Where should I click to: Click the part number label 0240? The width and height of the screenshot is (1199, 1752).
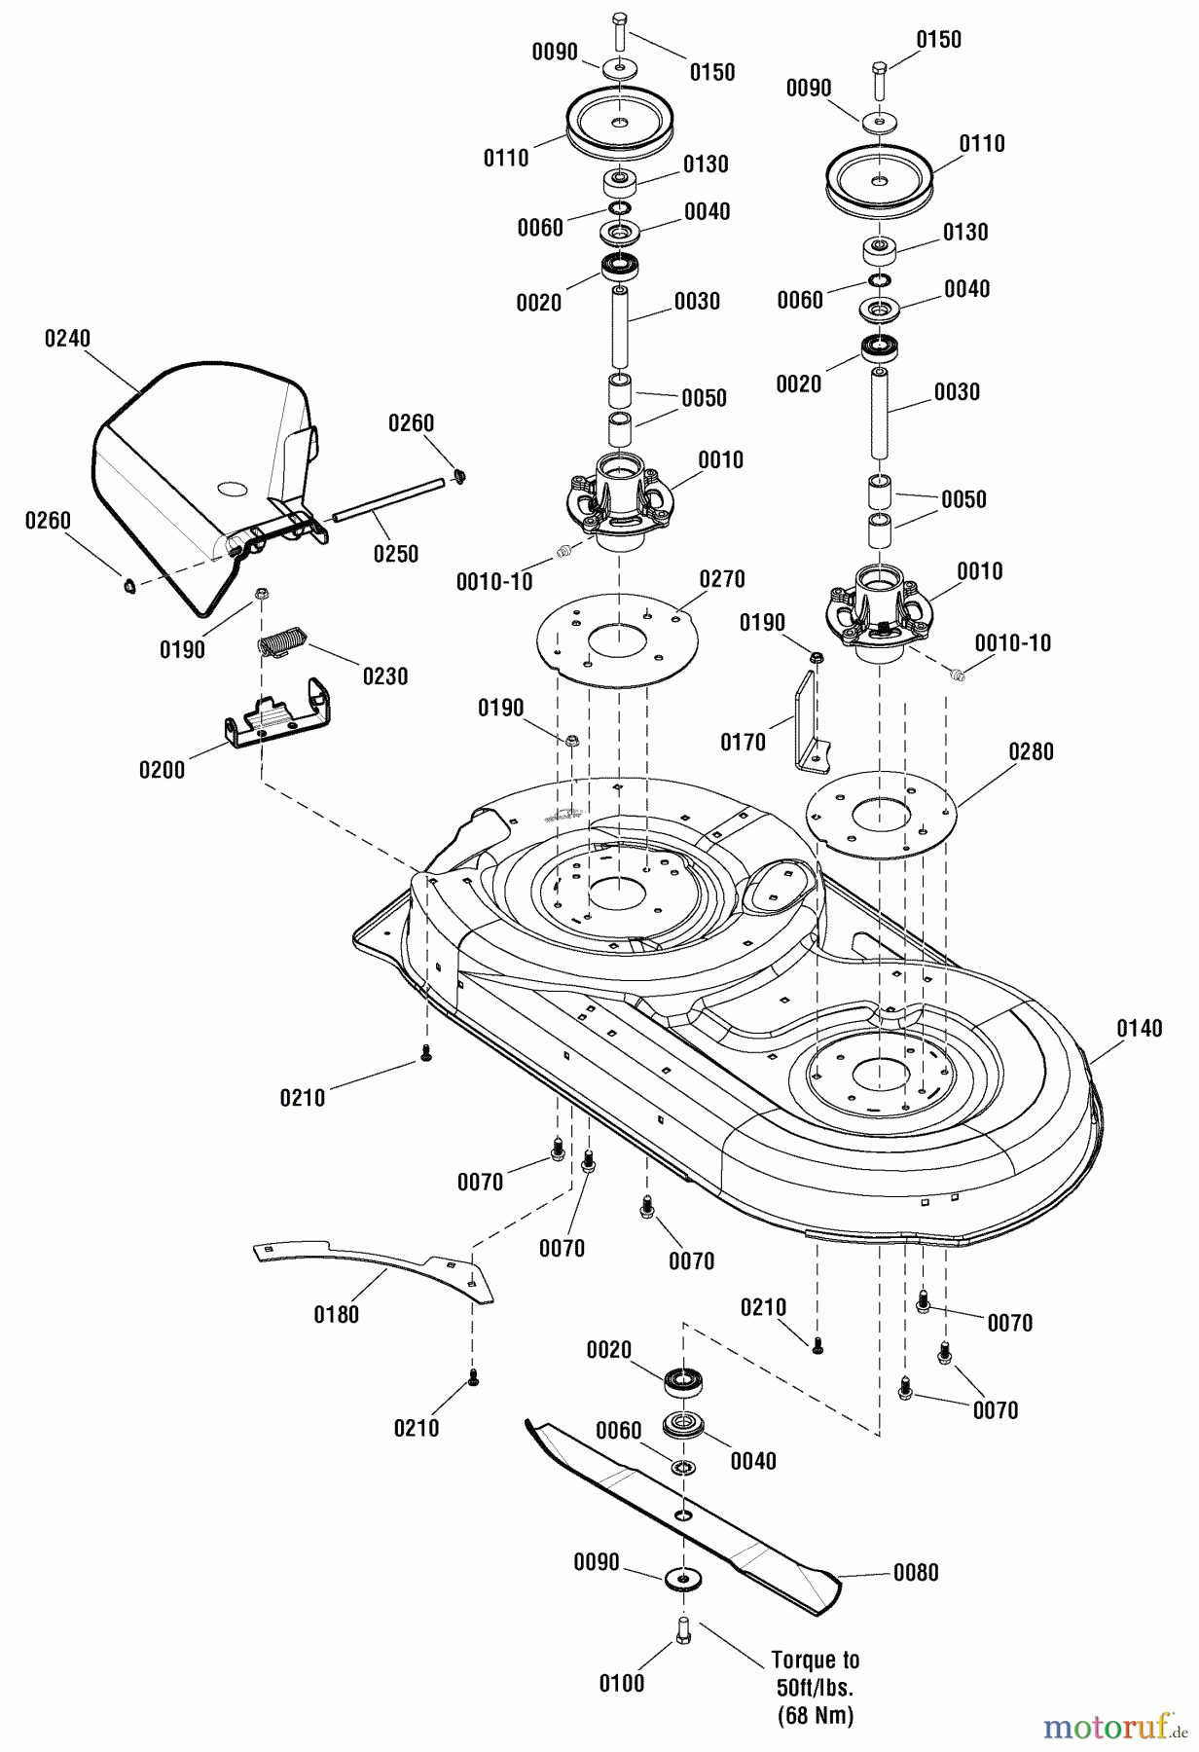[67, 338]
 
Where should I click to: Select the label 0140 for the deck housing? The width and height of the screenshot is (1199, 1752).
[1140, 1028]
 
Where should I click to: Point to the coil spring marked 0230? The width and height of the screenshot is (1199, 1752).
[282, 644]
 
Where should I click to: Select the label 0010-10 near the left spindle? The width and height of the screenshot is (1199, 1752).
[494, 582]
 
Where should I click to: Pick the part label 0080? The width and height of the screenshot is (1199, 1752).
[915, 1572]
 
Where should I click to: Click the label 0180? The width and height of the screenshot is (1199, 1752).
[336, 1314]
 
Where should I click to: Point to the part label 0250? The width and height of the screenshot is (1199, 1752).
[396, 553]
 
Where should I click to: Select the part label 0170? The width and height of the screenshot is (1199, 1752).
[744, 742]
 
